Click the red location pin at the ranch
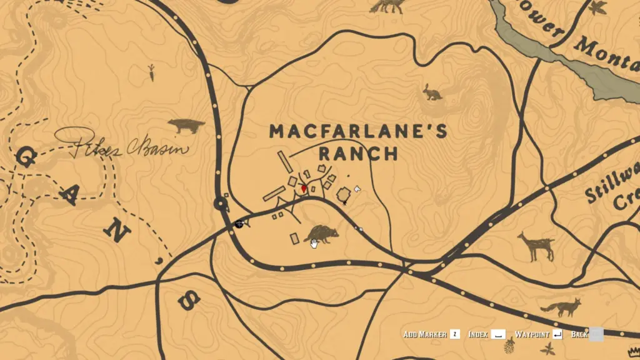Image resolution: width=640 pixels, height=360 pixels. click(x=304, y=188)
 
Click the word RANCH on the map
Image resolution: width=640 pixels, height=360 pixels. click(x=358, y=153)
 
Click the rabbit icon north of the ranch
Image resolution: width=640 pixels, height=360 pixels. click(x=432, y=92)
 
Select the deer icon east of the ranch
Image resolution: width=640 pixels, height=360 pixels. click(x=536, y=246)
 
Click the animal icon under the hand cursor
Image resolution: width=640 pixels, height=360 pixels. click(x=321, y=234)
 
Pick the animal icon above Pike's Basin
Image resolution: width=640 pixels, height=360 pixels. click(x=186, y=126)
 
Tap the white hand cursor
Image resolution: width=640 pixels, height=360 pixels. click(x=314, y=243)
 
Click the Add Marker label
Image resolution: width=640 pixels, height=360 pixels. click(x=425, y=335)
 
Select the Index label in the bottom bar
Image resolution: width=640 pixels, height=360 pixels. click(x=478, y=335)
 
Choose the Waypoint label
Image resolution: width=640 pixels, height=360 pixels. click(x=531, y=335)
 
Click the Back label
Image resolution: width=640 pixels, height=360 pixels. click(x=579, y=335)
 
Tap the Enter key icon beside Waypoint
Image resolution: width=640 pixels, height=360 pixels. click(x=557, y=335)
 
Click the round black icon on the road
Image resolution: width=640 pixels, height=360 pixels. click(x=239, y=224)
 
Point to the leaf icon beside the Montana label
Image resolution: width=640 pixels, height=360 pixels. click(x=597, y=8)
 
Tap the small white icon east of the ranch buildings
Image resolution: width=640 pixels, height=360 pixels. click(x=357, y=188)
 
